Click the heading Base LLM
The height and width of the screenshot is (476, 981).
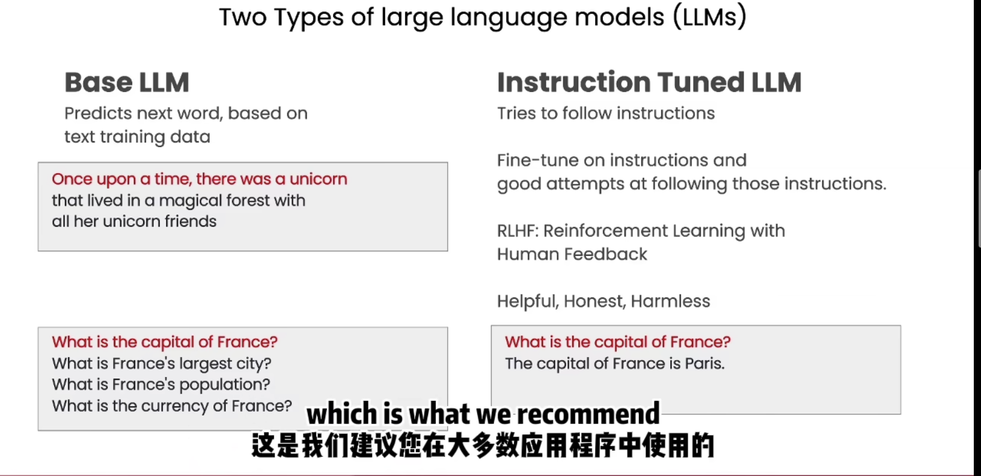point(127,82)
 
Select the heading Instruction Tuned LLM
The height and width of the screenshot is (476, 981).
point(649,82)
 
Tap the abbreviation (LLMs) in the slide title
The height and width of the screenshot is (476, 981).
point(709,17)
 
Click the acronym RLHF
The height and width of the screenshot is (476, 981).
point(518,231)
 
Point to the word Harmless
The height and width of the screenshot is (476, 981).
point(670,301)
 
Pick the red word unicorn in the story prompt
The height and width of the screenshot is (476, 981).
point(319,179)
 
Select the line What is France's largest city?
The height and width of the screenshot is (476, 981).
point(162,364)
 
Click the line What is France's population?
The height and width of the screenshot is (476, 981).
point(161,385)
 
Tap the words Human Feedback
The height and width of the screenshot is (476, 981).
point(572,254)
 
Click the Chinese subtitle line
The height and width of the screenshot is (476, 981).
point(483,446)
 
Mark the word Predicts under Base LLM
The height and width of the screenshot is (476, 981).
point(98,114)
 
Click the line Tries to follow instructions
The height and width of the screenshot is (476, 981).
point(606,114)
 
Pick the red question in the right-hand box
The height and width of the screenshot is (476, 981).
point(617,342)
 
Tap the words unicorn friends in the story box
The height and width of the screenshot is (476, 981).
point(159,222)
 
